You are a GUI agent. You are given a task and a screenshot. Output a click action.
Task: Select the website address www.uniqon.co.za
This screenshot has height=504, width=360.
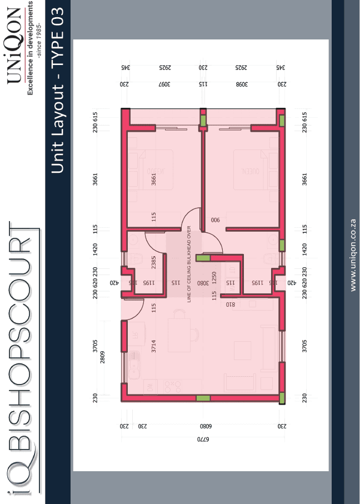(353, 255)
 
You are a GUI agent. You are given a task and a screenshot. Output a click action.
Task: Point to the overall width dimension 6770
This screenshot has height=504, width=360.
(203, 440)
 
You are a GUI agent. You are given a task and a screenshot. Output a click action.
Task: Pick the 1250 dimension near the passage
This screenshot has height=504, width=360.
(214, 277)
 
